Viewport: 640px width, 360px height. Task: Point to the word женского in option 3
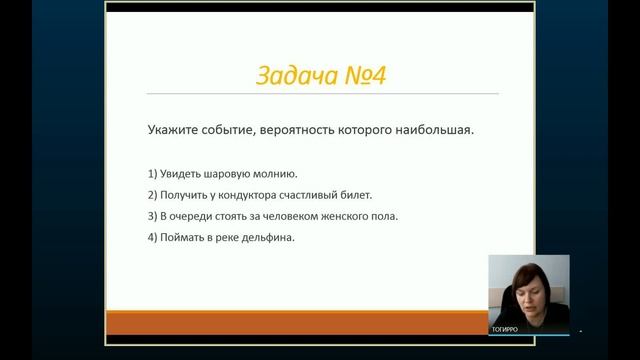[331, 216]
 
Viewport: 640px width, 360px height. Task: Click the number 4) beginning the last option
[150, 237]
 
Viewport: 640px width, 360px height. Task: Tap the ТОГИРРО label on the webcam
[505, 328]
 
